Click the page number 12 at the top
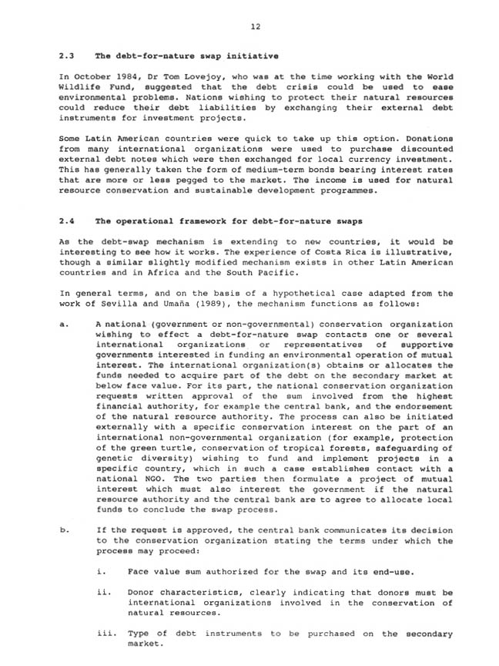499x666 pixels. (x=256, y=26)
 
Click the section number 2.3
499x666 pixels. (x=67, y=56)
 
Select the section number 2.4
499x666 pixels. (x=67, y=220)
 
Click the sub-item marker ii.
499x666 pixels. (x=103, y=593)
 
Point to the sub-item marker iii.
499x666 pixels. (x=105, y=634)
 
